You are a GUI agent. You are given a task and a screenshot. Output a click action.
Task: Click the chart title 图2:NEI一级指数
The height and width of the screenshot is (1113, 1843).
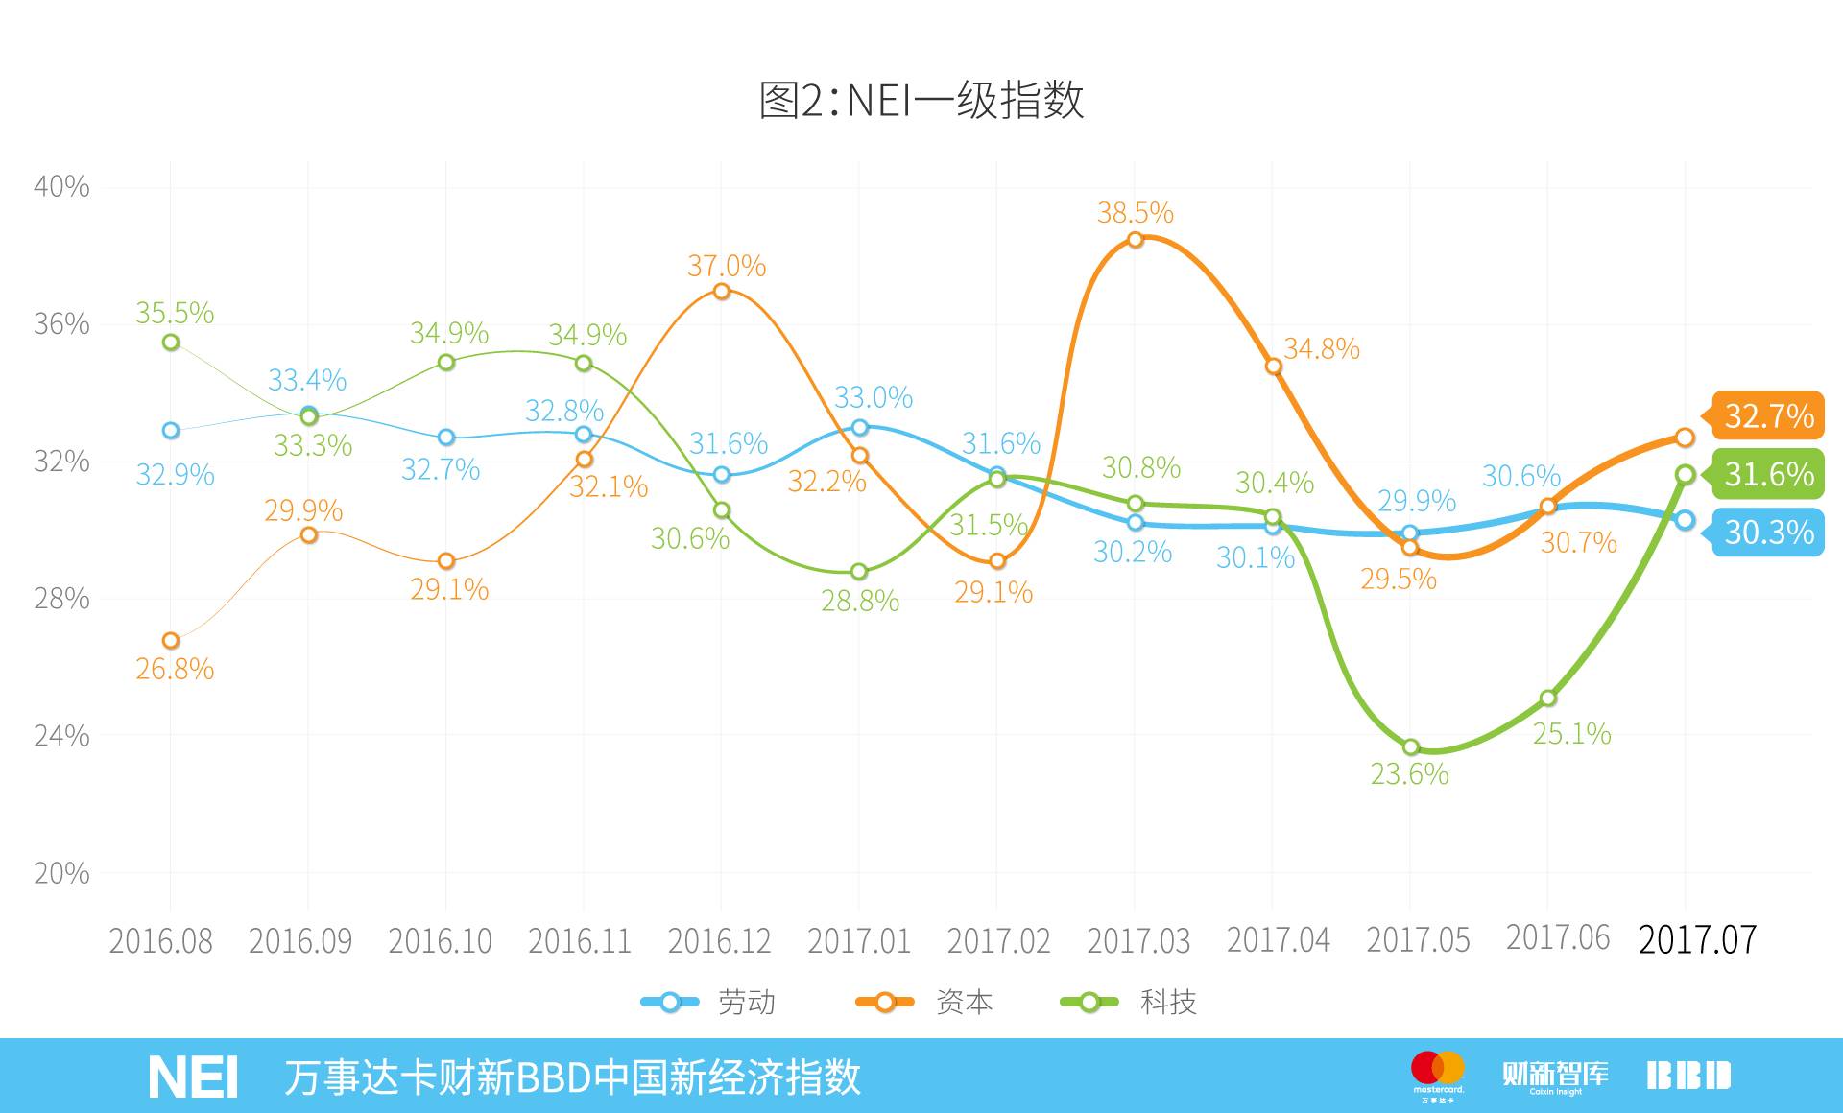point(921,100)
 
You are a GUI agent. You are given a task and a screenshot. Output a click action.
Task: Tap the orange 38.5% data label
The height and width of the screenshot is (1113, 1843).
point(1135,212)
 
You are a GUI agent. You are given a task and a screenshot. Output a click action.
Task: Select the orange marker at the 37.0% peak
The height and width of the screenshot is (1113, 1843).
point(722,291)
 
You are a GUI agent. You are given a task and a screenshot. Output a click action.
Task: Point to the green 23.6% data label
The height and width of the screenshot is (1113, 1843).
point(1408,773)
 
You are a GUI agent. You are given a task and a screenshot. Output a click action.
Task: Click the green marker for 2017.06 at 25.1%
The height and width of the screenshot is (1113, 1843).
point(1547,698)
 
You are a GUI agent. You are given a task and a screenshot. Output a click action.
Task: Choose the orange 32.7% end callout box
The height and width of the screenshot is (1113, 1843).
point(1767,416)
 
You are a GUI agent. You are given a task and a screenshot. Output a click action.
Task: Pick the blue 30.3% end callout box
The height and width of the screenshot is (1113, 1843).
point(1767,533)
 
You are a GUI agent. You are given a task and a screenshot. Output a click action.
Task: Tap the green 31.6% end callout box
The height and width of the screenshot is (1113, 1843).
point(1767,474)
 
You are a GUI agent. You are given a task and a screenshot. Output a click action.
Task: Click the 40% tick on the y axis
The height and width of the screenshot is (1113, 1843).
point(61,186)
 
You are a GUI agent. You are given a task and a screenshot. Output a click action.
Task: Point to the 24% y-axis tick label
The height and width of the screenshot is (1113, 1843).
point(61,736)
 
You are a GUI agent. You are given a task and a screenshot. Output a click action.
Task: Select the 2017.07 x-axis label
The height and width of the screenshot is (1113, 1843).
point(1696,939)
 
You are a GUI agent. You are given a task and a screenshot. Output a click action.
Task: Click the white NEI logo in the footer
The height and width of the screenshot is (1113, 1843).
point(193,1077)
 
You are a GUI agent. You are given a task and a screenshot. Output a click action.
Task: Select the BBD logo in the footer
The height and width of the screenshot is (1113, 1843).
point(1688,1076)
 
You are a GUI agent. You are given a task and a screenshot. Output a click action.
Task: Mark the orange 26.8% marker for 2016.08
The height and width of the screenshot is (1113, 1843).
point(171,640)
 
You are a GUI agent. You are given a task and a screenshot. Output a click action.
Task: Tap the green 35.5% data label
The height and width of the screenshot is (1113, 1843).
point(174,313)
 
